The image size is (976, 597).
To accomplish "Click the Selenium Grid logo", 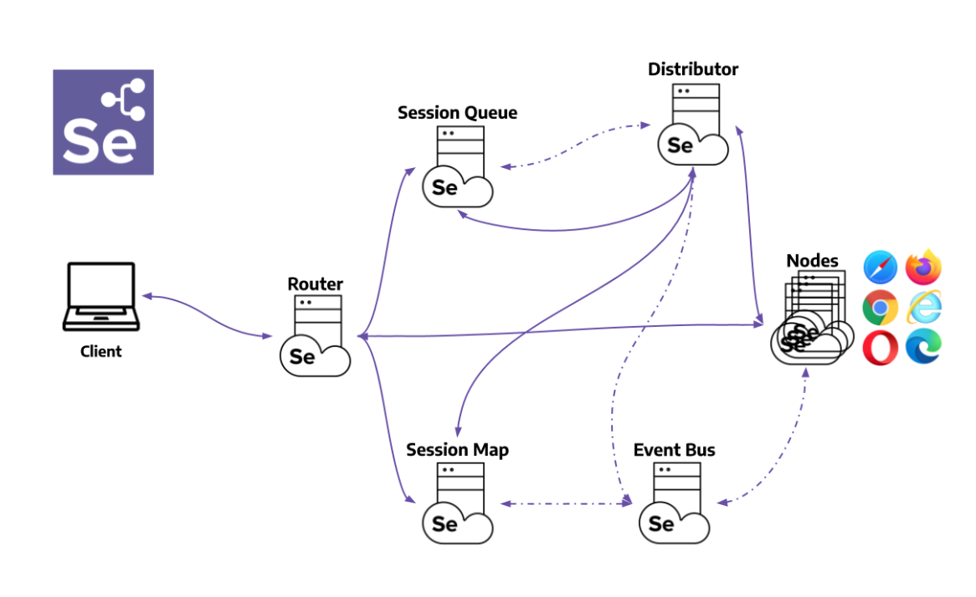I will (103, 122).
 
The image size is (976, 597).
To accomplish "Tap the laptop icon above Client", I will (100, 295).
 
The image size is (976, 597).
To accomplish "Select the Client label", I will (100, 351).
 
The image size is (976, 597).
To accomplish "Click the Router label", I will (315, 284).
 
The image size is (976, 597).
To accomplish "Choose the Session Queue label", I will (457, 113).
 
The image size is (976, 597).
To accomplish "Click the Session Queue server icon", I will (458, 167).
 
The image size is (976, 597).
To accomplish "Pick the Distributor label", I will (693, 69).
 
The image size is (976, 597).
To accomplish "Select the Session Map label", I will (457, 450).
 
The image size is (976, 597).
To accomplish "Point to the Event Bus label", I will (674, 450).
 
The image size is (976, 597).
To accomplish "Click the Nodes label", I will (812, 261).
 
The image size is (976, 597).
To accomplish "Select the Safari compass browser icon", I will (881, 268).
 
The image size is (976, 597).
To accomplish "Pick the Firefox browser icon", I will (924, 268).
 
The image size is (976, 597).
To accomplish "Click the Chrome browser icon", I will (881, 308).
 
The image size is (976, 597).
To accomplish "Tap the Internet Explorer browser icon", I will (924, 308).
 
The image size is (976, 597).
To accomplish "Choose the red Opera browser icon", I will (881, 347).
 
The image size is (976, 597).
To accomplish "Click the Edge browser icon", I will (924, 347).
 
